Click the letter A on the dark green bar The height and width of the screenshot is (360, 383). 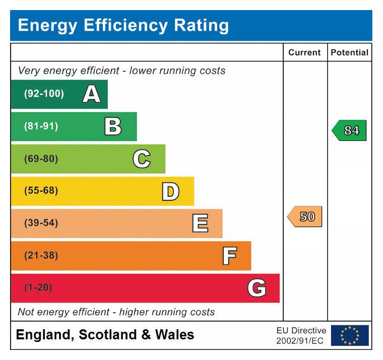pyautogui.click(x=91, y=94)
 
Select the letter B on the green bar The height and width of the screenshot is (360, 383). pyautogui.click(x=113, y=126)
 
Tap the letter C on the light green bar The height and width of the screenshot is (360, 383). pyautogui.click(x=142, y=159)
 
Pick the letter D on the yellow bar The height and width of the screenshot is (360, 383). pyautogui.click(x=170, y=191)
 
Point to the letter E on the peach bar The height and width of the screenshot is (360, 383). pyautogui.click(x=200, y=223)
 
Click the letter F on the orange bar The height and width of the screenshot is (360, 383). pyautogui.click(x=229, y=256)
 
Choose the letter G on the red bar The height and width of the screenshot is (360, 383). pyautogui.click(x=257, y=288)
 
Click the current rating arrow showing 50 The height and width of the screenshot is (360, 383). pyautogui.click(x=305, y=217)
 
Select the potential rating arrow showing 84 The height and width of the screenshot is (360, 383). pyautogui.click(x=349, y=130)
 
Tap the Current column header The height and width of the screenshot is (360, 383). pyautogui.click(x=304, y=52)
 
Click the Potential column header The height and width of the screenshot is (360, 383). pyautogui.click(x=349, y=52)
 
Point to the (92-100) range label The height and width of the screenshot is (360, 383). pyautogui.click(x=44, y=94)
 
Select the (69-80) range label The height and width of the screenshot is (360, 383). pyautogui.click(x=41, y=159)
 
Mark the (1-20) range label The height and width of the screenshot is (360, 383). pyautogui.click(x=38, y=288)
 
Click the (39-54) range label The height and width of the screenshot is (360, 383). pyautogui.click(x=41, y=223)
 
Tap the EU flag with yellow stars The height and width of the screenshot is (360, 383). pyautogui.click(x=349, y=335)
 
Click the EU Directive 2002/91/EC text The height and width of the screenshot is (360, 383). pyautogui.click(x=301, y=335)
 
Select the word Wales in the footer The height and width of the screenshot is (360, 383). pyautogui.click(x=174, y=335)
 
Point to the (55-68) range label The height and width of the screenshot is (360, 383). pyautogui.click(x=41, y=191)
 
